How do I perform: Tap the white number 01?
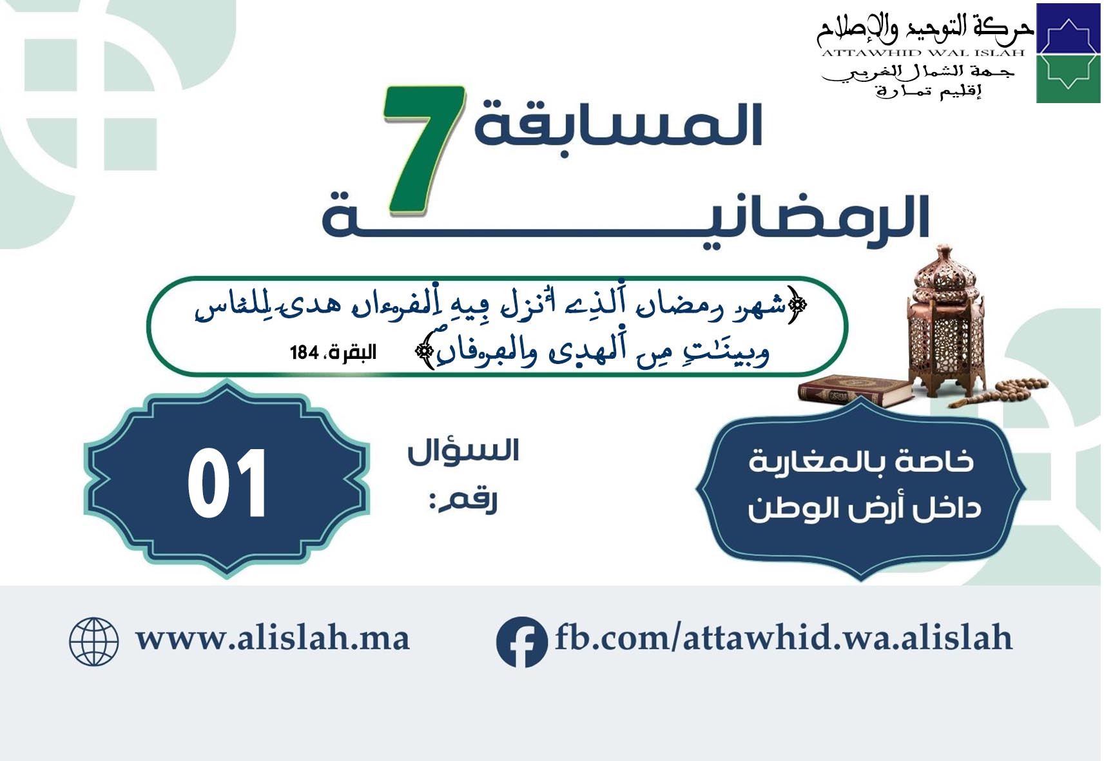coord(228,483)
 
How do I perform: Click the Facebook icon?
coord(521,642)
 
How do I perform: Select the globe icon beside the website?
coord(93,642)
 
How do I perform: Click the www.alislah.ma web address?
coord(273,639)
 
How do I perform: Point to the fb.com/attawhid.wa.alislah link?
coord(784,637)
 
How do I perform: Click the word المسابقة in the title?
coord(619,125)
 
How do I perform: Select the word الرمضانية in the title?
coord(625,217)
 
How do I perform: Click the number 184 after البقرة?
coord(304,353)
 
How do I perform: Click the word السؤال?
coord(463,452)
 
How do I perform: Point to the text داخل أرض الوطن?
coord(864,508)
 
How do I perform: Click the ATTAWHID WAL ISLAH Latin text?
coord(923,53)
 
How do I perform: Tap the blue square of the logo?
coord(1068,28)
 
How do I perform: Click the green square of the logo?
coord(1068,79)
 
